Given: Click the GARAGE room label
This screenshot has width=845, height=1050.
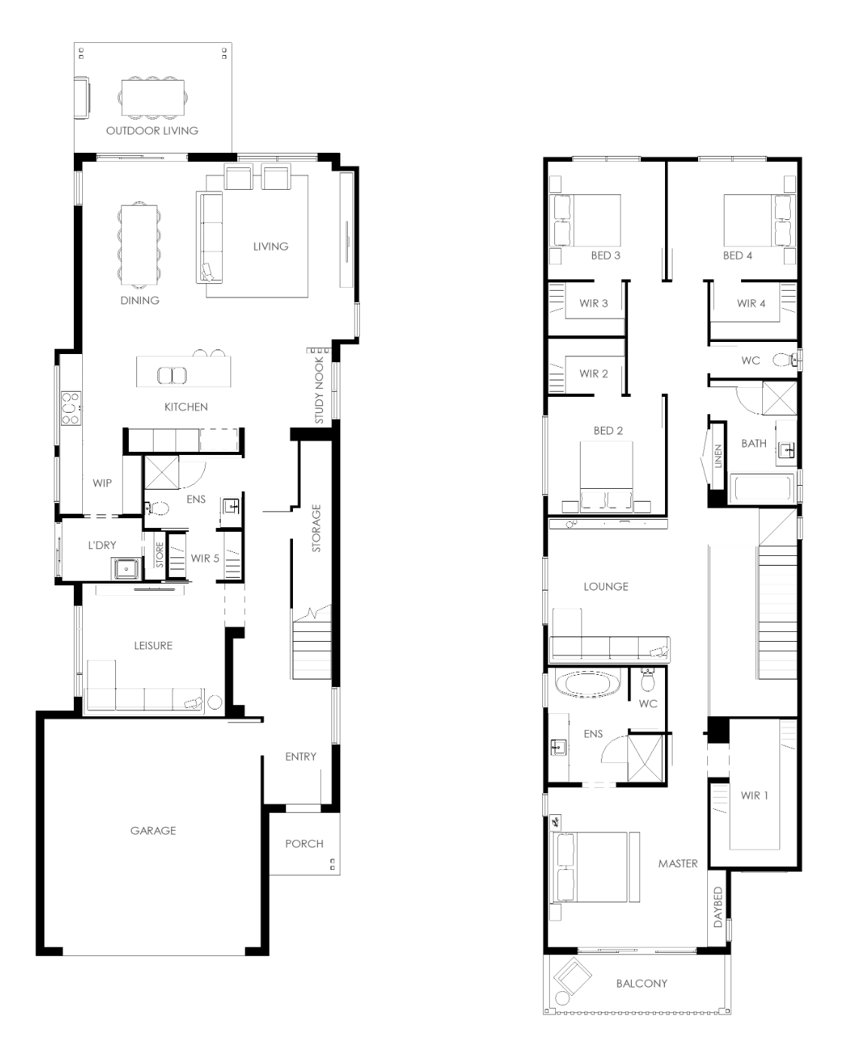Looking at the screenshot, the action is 153,831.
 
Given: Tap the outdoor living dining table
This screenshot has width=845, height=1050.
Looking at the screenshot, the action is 153,98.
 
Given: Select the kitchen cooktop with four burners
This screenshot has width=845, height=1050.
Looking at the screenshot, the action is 70,408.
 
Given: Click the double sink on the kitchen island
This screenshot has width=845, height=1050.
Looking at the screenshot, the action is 172,376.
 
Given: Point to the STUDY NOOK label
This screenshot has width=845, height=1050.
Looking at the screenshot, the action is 319,390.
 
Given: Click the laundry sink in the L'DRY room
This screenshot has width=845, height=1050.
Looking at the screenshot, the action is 127,569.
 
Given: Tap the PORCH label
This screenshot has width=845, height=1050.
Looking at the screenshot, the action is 304,844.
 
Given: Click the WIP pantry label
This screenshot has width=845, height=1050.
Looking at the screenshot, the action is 102,483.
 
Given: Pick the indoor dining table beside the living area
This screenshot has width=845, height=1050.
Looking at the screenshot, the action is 139,245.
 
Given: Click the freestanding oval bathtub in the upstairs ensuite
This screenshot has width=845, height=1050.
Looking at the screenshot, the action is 588,684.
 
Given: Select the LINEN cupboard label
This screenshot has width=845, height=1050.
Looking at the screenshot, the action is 718,456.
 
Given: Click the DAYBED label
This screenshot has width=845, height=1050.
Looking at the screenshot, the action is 718,907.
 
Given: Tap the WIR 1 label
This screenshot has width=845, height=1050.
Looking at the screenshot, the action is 754,795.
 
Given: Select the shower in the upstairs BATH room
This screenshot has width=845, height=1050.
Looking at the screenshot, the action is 779,398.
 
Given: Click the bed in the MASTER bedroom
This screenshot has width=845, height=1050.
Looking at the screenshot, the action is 588,867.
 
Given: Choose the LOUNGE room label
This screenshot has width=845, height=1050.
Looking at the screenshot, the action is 606,587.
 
